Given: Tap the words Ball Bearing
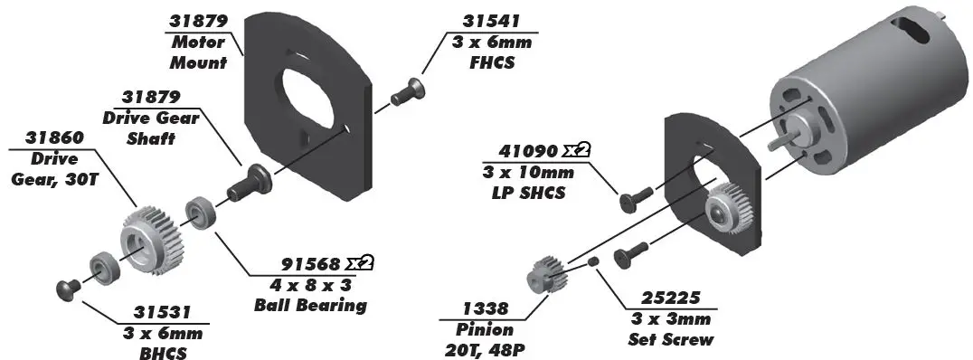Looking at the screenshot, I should pos(309,305).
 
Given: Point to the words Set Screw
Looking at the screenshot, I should pos(670,340).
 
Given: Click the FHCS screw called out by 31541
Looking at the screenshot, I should pos(408,90).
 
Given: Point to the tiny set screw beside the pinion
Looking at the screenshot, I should pos(592,261).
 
